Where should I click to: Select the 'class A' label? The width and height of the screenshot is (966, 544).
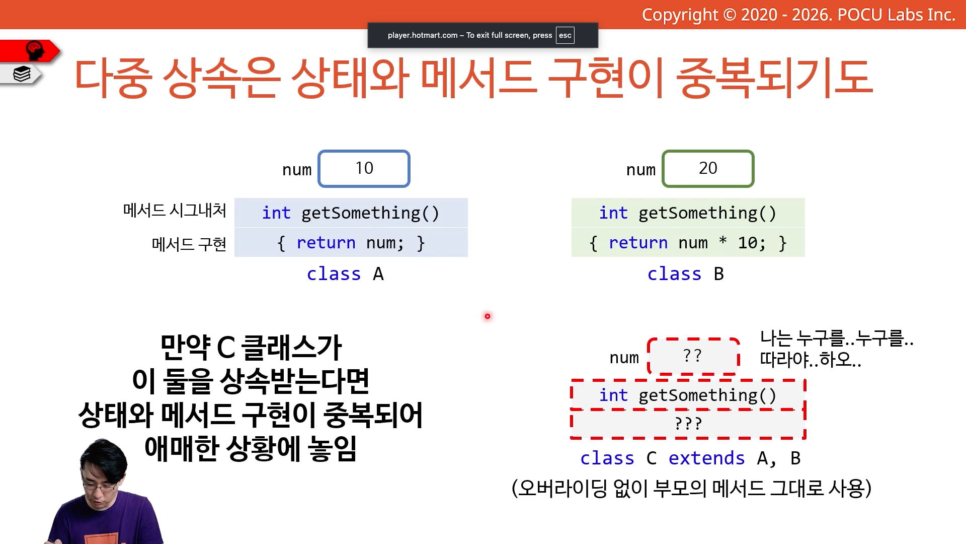tap(345, 274)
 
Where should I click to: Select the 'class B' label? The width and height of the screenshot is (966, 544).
tap(686, 274)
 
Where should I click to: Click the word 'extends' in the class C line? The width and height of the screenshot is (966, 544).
tap(706, 458)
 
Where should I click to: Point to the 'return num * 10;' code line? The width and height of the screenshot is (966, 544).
tap(688, 243)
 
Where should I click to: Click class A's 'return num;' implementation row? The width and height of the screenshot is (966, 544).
tap(351, 243)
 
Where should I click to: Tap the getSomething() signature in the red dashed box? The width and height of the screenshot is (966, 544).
tap(688, 395)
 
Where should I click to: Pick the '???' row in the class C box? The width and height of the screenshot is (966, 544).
tap(688, 424)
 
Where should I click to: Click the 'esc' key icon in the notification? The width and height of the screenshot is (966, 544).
tap(565, 35)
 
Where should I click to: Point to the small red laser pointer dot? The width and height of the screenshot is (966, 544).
tap(487, 316)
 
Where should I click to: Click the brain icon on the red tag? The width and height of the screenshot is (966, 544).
tap(35, 50)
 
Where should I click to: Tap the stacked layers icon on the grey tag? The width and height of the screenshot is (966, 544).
tap(22, 74)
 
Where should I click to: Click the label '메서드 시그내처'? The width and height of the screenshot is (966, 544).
tap(175, 210)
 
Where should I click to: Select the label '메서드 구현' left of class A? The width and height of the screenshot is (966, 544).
tap(189, 244)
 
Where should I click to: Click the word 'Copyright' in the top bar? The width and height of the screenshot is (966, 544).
tap(680, 15)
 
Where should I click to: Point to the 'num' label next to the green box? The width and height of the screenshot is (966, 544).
tap(641, 170)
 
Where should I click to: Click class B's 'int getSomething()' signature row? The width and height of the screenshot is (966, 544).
tap(688, 213)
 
